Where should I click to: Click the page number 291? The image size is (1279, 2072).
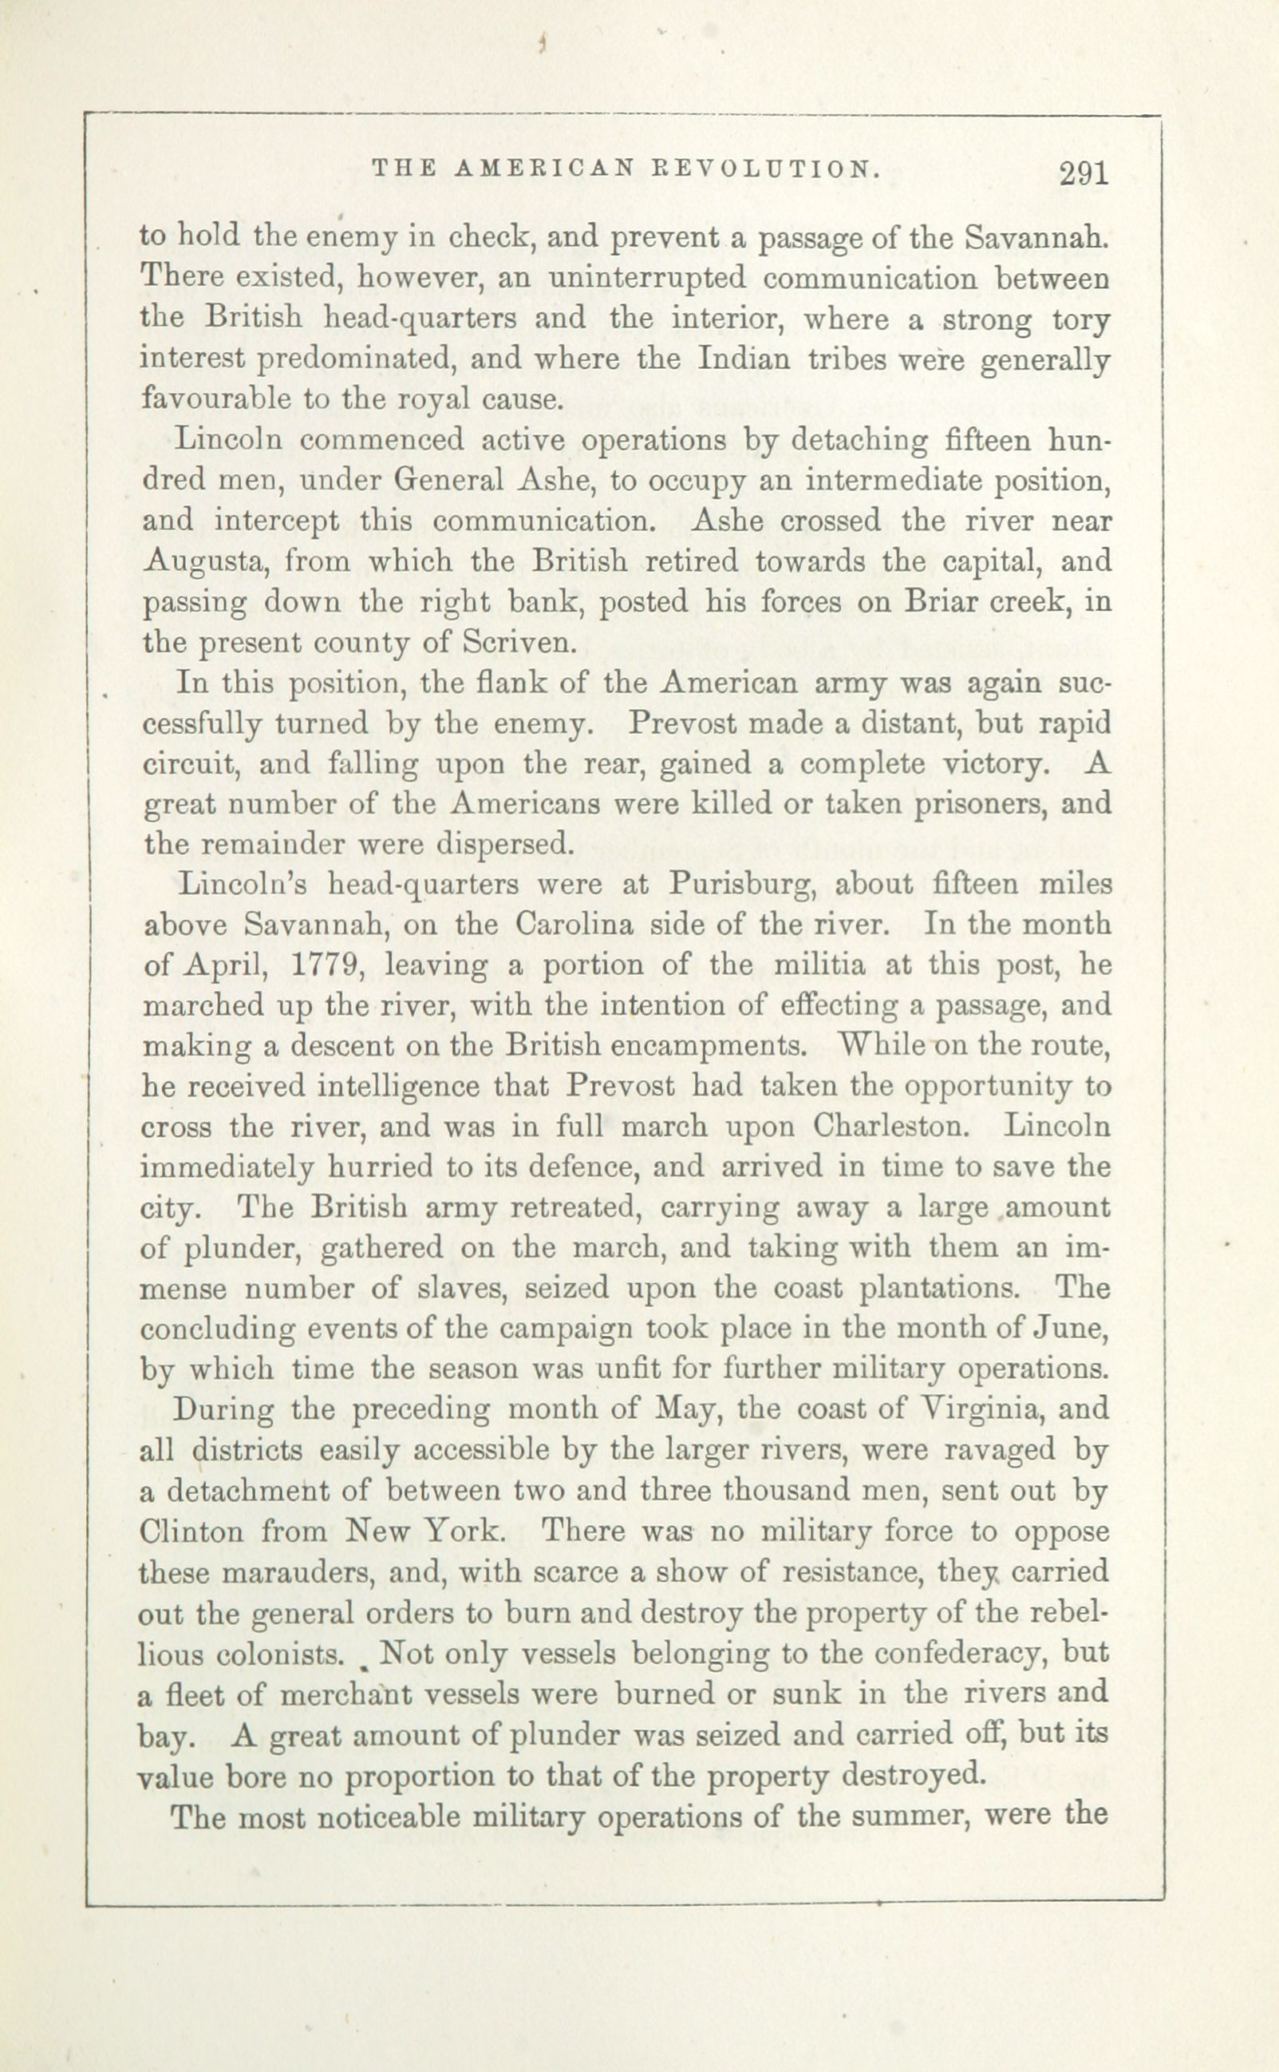pos(1083,173)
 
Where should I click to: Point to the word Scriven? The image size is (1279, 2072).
pos(518,644)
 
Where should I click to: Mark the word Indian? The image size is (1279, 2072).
pos(744,360)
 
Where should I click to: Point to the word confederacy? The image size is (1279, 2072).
pos(948,1654)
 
